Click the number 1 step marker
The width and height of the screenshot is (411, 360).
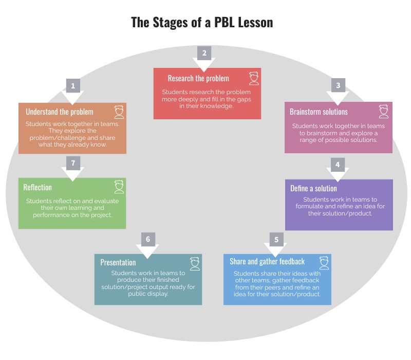[73, 86]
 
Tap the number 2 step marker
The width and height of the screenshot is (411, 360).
[204, 53]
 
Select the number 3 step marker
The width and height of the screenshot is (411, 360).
[338, 85]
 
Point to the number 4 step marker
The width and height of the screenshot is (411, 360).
[338, 165]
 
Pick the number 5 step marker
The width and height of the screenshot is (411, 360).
[276, 240]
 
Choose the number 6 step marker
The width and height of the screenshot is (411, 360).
[148, 240]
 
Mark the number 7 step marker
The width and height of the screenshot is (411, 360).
[73, 163]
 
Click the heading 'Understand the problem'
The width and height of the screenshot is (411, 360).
[60, 112]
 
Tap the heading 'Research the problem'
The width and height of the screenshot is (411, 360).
[198, 78]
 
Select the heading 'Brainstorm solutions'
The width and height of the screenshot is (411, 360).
[319, 112]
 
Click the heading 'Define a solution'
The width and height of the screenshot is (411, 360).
[313, 188]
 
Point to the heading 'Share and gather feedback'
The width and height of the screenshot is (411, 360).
[267, 262]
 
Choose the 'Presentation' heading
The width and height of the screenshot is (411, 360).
[118, 262]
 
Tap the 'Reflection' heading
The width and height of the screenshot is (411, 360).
[38, 187]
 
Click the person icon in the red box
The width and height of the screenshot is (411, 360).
[254, 78]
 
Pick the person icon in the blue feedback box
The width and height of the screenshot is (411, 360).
[324, 262]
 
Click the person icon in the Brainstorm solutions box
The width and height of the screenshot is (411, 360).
[384, 112]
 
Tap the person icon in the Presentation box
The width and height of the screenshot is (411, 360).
[195, 263]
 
